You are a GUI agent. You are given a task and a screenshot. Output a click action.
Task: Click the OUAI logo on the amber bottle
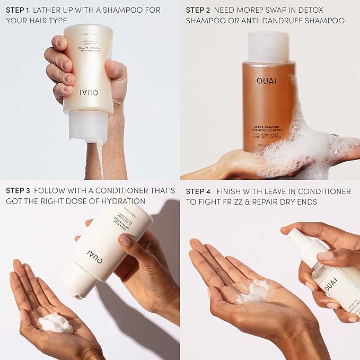tap(267, 81)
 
